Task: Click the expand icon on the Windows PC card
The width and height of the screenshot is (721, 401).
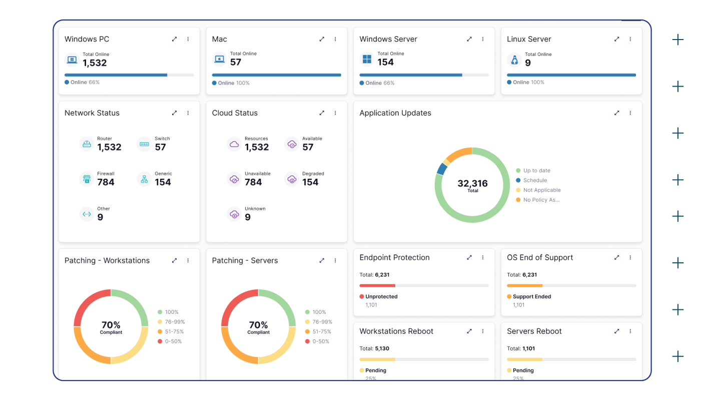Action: click(x=174, y=39)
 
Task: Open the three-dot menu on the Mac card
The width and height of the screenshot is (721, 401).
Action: click(x=335, y=39)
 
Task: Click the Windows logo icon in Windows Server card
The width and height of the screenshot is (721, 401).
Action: click(x=367, y=60)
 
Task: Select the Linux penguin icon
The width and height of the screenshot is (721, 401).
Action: click(x=514, y=60)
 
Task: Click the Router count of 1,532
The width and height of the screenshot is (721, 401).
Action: click(x=109, y=147)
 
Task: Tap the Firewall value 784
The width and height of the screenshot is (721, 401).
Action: click(x=106, y=182)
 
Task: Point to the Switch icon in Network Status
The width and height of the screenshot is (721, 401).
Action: click(x=144, y=144)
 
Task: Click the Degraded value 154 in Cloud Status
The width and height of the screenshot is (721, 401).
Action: click(x=310, y=182)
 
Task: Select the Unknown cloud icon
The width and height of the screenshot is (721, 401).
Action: click(x=234, y=214)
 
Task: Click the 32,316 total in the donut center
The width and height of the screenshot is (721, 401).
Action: click(x=472, y=184)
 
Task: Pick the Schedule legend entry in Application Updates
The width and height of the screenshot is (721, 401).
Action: click(x=535, y=180)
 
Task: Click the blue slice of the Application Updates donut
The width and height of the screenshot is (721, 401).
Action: click(x=441, y=169)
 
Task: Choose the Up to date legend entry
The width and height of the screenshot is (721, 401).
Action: click(x=536, y=171)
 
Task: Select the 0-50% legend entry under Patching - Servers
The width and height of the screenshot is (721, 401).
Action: click(x=321, y=341)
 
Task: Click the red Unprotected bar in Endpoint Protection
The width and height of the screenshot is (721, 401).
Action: click(x=377, y=286)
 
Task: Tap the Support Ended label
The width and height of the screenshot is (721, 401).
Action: click(x=531, y=296)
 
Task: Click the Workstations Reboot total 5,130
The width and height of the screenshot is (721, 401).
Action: click(x=382, y=348)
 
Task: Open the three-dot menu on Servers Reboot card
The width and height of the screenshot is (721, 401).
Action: click(x=630, y=331)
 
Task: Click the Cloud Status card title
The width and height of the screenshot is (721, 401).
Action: click(x=235, y=113)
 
